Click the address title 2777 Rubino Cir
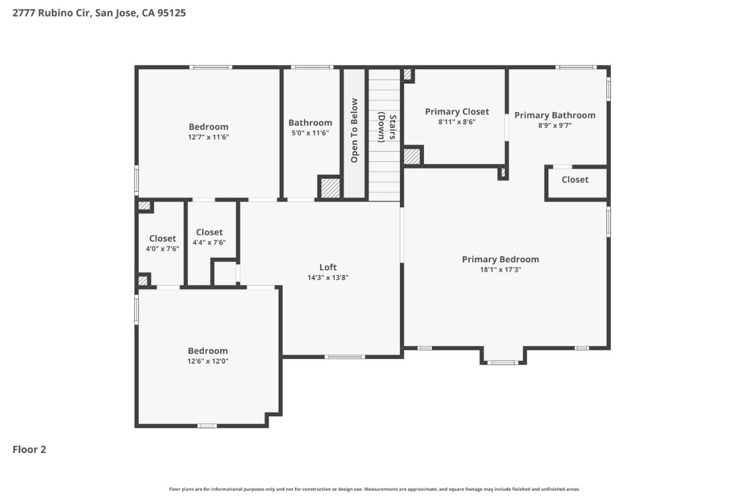pos(99,13)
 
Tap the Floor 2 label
pos(29,450)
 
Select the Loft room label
pos(328,267)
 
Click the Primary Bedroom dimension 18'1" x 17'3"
pos(500,270)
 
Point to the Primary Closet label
pos(457,112)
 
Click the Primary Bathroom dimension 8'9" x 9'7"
pos(554,125)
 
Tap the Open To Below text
pos(354,130)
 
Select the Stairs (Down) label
pos(387,127)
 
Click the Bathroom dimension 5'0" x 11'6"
pos(310,133)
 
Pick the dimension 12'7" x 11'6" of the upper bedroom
pos(208,137)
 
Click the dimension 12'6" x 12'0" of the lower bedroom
pos(208,361)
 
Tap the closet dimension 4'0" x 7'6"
pos(162,249)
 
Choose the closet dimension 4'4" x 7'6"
pos(209,243)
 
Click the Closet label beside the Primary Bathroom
pos(575,180)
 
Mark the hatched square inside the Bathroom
pos(330,188)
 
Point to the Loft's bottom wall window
pos(344,357)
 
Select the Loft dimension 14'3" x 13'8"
pos(328,278)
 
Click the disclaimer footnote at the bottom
pos(374,489)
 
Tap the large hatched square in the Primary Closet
pos(412,156)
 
